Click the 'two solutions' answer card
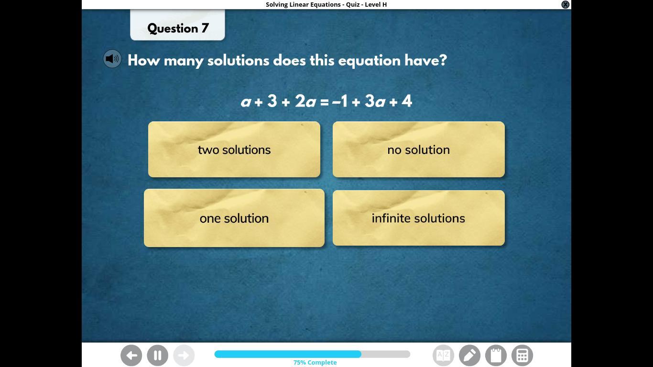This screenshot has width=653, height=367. (234, 149)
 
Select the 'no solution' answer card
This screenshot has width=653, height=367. (419, 149)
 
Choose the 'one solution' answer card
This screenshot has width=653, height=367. (234, 218)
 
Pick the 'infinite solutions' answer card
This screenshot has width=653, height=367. (419, 218)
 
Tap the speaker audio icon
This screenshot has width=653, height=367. (112, 59)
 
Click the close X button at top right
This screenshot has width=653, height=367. (565, 4)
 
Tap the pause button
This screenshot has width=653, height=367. (157, 356)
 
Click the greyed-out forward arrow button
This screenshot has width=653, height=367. (184, 356)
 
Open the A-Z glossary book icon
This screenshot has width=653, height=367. (444, 356)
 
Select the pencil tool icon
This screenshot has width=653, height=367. (469, 356)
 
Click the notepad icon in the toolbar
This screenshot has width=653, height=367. (496, 356)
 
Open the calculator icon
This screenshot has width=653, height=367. (522, 356)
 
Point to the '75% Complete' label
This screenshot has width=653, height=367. (315, 362)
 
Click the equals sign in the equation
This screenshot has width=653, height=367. (324, 102)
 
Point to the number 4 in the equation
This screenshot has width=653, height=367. (407, 101)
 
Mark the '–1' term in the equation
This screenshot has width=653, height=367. (340, 101)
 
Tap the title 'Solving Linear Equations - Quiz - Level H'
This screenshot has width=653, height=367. (326, 4)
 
